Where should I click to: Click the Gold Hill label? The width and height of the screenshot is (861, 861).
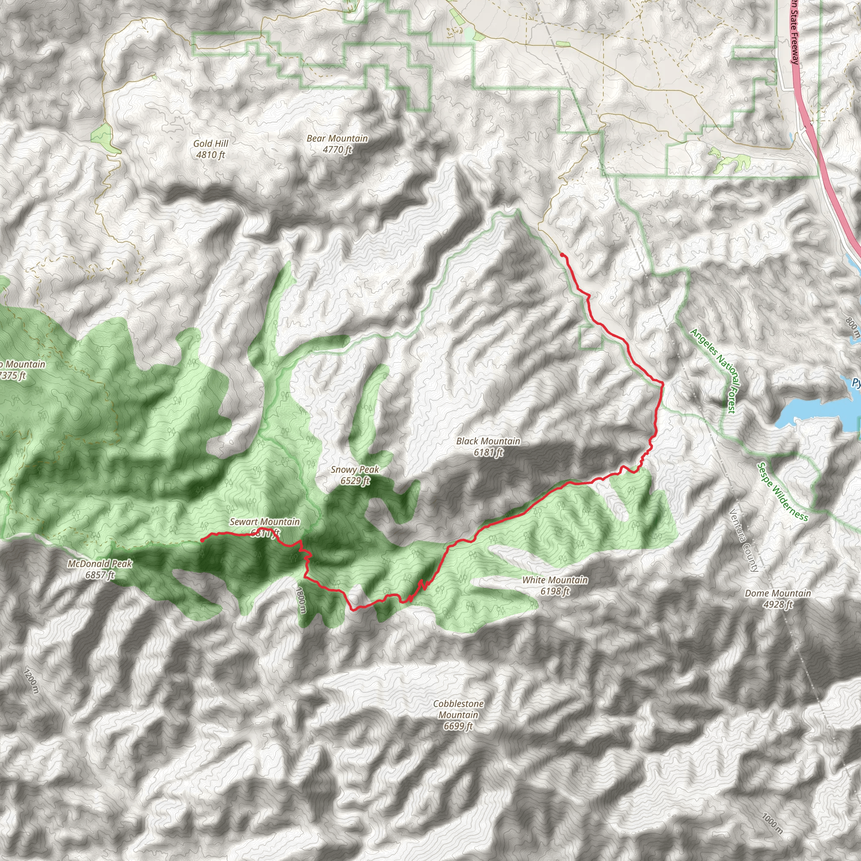tap(210, 143)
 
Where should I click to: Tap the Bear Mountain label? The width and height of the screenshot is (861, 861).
tap(337, 139)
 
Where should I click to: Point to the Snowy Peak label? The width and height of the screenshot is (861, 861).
tap(355, 470)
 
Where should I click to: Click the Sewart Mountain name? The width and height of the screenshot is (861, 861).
tap(265, 522)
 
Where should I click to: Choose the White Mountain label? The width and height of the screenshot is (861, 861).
tap(555, 580)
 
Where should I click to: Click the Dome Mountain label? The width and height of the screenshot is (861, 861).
tap(778, 593)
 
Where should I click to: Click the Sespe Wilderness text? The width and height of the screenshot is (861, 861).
tap(782, 491)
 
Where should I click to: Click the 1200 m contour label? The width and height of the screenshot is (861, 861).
tap(32, 681)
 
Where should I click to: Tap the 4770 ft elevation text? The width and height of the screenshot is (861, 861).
tap(337, 150)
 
